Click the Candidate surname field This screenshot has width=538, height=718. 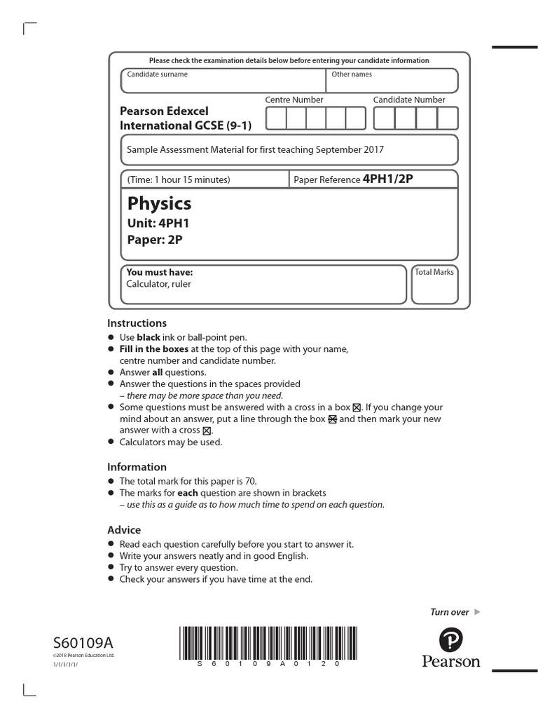pos(223,81)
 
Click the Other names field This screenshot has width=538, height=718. pos(392,81)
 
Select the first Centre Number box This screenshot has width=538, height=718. pos(276,118)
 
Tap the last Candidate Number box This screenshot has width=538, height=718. pos(448,118)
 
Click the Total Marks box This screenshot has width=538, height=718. pos(434,285)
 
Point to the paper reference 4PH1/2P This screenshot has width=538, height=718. pos(387,179)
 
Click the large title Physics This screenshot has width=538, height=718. pos(159,203)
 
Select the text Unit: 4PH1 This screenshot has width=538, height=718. pos(158,224)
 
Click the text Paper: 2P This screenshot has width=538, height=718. pos(155,240)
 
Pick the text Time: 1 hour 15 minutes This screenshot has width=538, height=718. pos(178,179)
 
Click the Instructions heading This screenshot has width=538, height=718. pos(137,323)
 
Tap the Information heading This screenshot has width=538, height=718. pos(137,467)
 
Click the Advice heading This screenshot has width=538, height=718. pos(124,530)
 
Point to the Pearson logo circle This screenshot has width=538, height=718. pos(451,639)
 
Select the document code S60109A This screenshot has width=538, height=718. pos(83,642)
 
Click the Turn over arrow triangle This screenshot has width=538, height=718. pos(478,612)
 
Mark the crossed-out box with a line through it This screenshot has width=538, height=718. pos(333,419)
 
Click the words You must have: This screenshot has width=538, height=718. pos(159,272)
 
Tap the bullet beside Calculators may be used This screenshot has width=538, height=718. pos(111,442)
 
